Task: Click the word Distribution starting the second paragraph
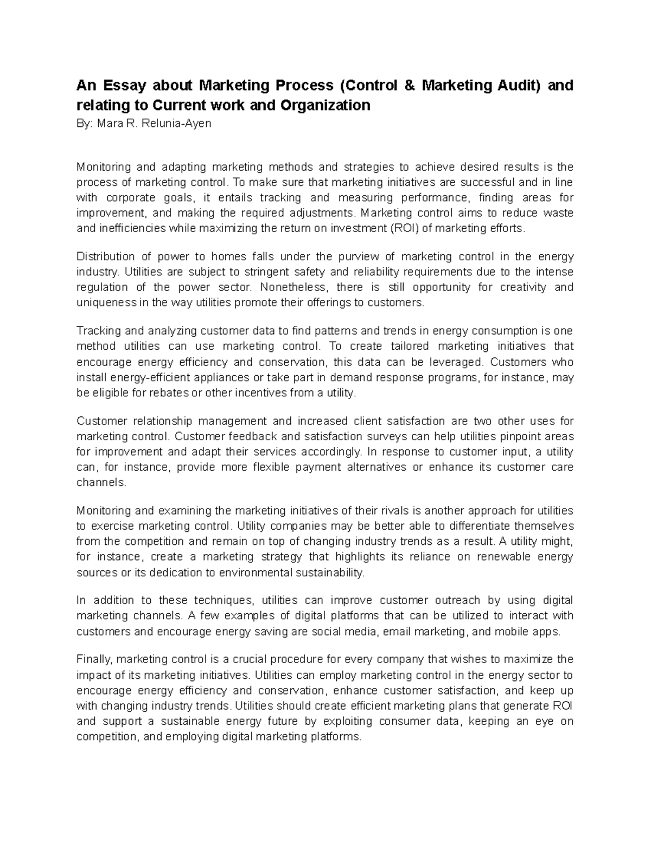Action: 106,256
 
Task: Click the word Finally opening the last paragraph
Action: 94,660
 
